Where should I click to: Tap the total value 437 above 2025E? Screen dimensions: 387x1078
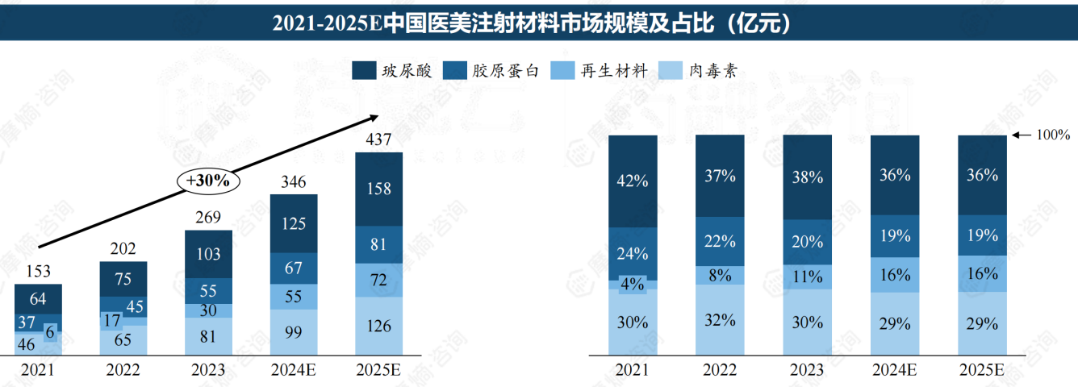point(378,139)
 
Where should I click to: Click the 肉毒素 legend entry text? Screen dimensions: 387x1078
point(712,71)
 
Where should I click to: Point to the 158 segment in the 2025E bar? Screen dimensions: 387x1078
point(378,189)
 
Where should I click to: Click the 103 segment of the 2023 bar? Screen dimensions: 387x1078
point(208,254)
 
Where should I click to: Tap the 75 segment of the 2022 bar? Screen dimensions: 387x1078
point(123,279)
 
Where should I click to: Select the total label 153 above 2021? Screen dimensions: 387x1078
point(38,272)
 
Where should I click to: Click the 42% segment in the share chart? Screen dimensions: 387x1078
point(633,181)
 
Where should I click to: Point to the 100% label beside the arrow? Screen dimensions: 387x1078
point(1053,135)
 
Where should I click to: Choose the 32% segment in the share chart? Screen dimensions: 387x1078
point(720,319)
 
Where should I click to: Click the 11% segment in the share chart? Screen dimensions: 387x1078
point(807,276)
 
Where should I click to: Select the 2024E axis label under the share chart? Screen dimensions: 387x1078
point(894,370)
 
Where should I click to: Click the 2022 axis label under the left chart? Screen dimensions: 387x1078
point(123,370)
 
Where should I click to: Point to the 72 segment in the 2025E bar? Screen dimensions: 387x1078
point(378,280)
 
